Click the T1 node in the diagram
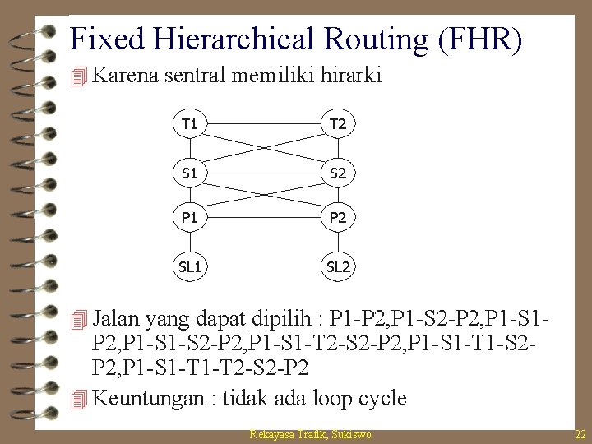pyautogui.click(x=189, y=124)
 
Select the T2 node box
pyautogui.click(x=337, y=124)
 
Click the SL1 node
pyautogui.click(x=189, y=267)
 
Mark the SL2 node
pyautogui.click(x=337, y=267)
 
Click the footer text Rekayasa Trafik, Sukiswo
pyautogui.click(x=312, y=434)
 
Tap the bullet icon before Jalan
pyautogui.click(x=79, y=317)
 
